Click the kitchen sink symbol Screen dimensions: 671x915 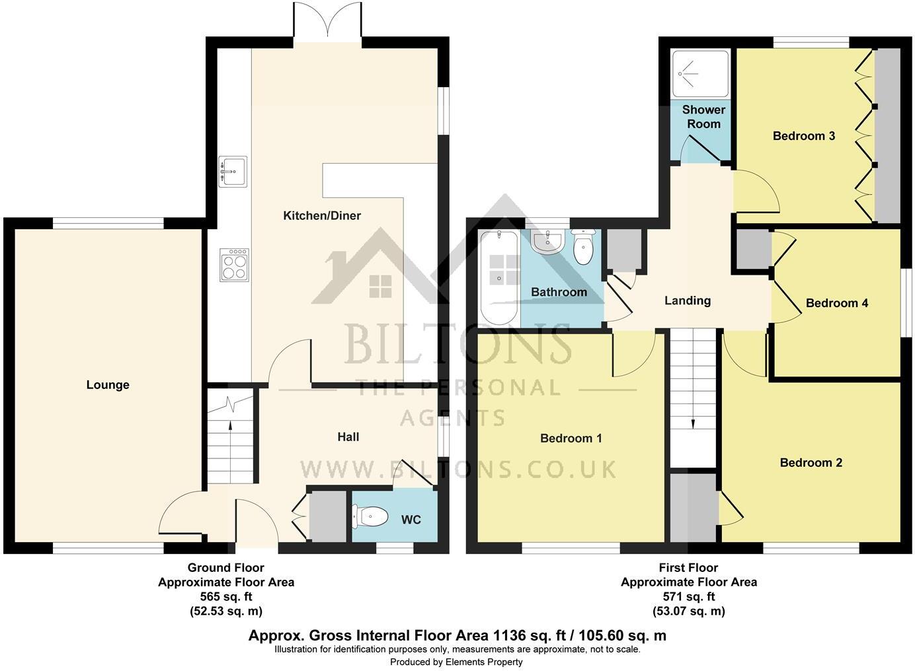232,172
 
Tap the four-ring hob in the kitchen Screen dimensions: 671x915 234,265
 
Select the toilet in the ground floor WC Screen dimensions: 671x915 370,516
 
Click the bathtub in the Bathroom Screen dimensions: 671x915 499,277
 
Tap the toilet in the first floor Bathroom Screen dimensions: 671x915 584,247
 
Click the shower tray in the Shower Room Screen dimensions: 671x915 699,73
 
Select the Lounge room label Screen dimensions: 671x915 108,385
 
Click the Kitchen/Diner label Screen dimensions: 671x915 322,216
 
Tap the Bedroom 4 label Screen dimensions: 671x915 836,303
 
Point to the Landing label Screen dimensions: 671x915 688,300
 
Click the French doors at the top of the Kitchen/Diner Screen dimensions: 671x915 329,22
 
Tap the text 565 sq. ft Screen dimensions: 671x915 225,596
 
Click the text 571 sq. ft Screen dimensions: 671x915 688,596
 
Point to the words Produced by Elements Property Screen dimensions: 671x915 456,662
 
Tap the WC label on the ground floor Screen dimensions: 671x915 411,520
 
